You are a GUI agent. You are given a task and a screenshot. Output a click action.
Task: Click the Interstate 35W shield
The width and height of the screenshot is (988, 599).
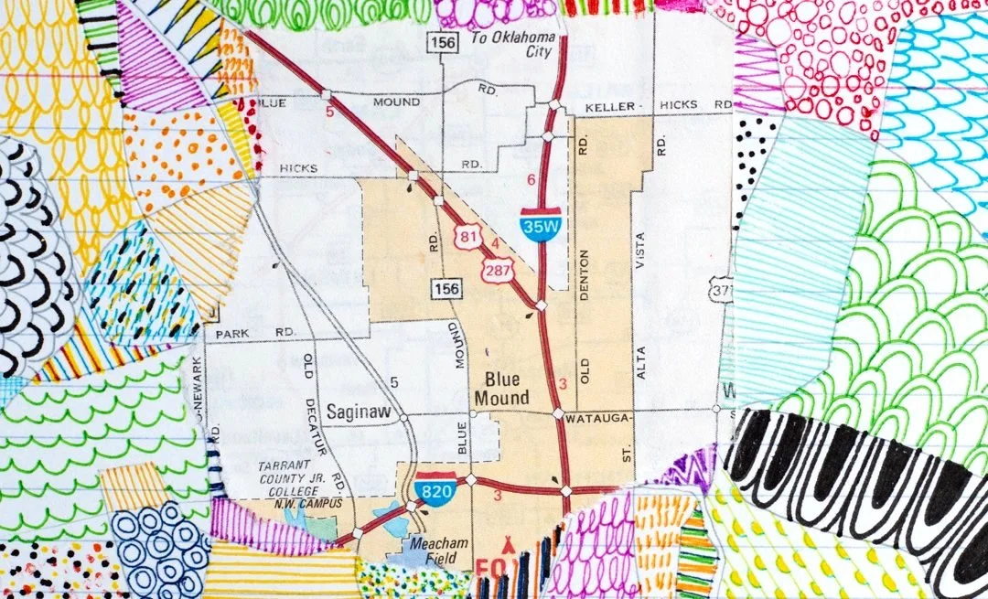pos(542,223)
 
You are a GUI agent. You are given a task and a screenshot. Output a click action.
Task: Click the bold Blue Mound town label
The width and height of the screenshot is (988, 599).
pos(501,389)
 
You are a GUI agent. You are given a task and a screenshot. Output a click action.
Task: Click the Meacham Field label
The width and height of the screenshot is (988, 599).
pos(434,547)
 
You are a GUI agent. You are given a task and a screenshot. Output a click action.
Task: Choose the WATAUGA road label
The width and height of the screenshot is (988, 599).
pos(595,418)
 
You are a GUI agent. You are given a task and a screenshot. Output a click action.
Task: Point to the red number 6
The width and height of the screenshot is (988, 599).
pos(531,179)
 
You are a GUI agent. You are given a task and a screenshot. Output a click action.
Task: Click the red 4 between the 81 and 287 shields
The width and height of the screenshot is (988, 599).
pos(495,243)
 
